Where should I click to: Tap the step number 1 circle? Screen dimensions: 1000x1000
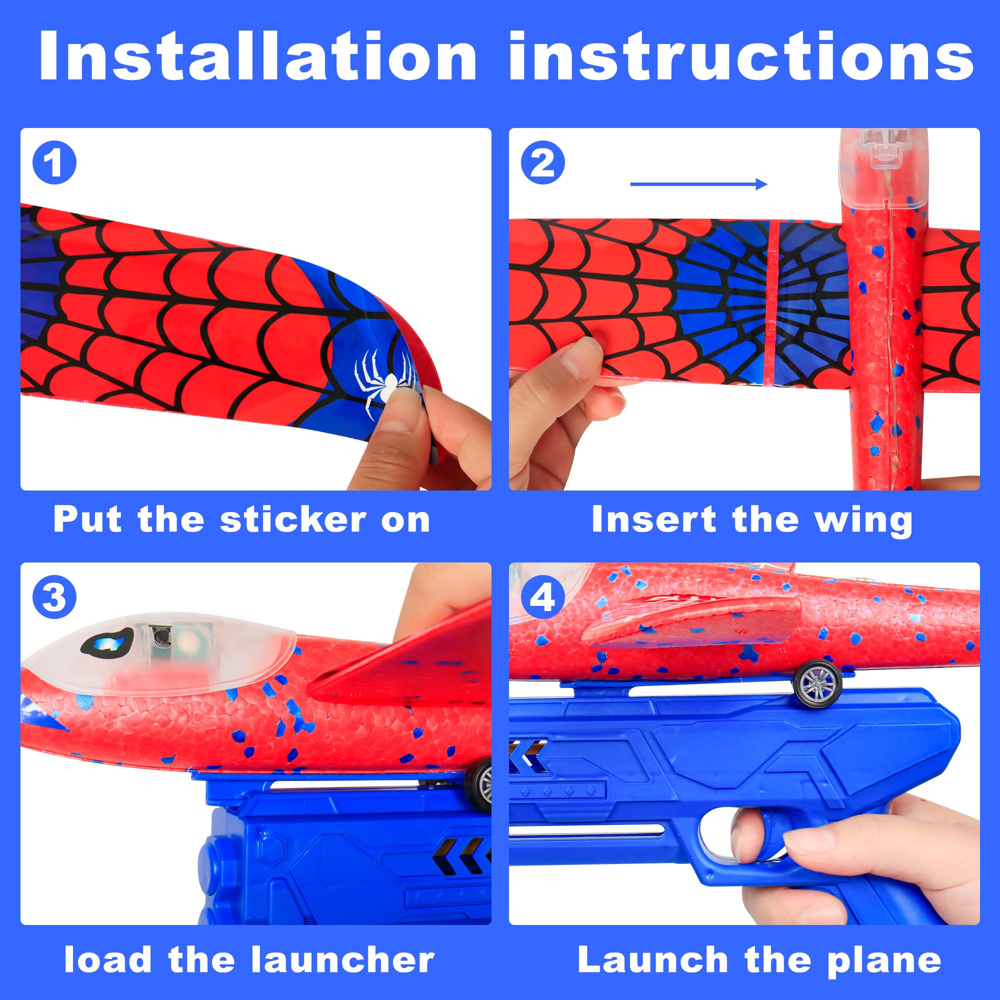[54, 163]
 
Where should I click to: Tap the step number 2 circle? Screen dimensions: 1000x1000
[543, 163]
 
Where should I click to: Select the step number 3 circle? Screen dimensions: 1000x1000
[54, 598]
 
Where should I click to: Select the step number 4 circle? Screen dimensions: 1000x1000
[543, 598]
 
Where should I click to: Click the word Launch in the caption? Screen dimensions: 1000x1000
[652, 945]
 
